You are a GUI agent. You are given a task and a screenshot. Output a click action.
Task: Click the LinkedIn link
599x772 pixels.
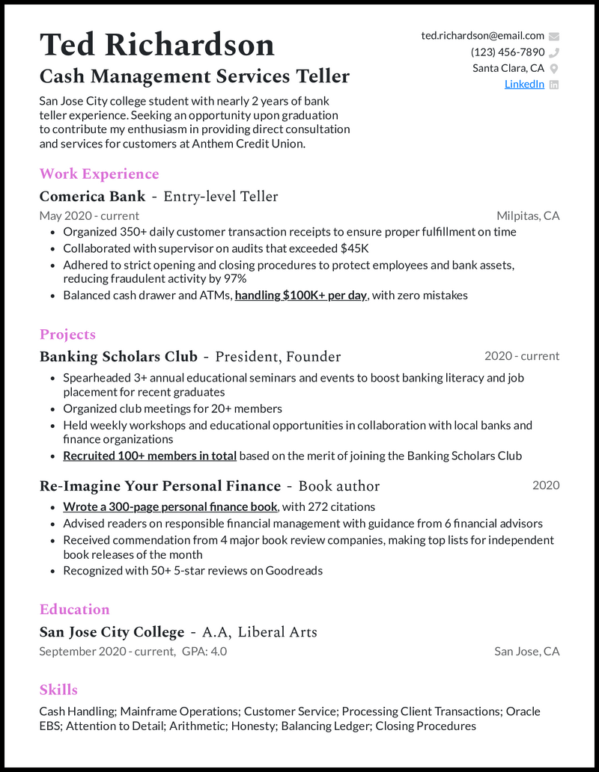coord(524,84)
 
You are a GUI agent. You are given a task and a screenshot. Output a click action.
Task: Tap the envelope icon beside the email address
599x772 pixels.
coord(554,36)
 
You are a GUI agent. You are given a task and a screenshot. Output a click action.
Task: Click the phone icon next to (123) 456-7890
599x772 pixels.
coord(554,52)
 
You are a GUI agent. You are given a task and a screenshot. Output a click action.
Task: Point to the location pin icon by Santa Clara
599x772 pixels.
coord(554,68)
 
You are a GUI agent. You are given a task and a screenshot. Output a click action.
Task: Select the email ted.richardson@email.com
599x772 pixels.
coord(482,36)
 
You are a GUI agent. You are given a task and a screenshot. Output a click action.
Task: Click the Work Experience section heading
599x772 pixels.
coord(99,174)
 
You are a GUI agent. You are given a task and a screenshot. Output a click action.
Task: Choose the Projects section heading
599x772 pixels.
coord(67,334)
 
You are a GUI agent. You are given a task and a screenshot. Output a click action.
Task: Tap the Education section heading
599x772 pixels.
coord(74,609)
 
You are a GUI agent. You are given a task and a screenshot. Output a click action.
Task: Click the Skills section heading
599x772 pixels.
coord(58,690)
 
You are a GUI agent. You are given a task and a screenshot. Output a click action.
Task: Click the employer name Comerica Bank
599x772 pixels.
coord(92,197)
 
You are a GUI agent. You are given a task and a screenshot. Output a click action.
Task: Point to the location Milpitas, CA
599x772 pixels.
coord(528,216)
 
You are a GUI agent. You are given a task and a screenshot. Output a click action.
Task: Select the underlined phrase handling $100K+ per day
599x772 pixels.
coord(300,295)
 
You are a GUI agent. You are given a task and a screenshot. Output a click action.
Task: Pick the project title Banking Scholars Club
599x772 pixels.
coord(118,357)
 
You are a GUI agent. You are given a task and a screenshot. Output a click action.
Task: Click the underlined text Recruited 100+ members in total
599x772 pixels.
coord(150,456)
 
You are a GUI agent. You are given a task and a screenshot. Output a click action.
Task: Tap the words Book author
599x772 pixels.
coord(339,486)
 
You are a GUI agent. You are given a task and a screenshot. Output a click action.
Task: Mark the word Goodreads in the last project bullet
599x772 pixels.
coord(296,571)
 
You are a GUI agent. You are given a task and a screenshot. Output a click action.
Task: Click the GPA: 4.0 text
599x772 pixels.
coord(204,652)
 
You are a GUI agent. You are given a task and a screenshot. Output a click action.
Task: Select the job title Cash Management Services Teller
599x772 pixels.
coord(195,76)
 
